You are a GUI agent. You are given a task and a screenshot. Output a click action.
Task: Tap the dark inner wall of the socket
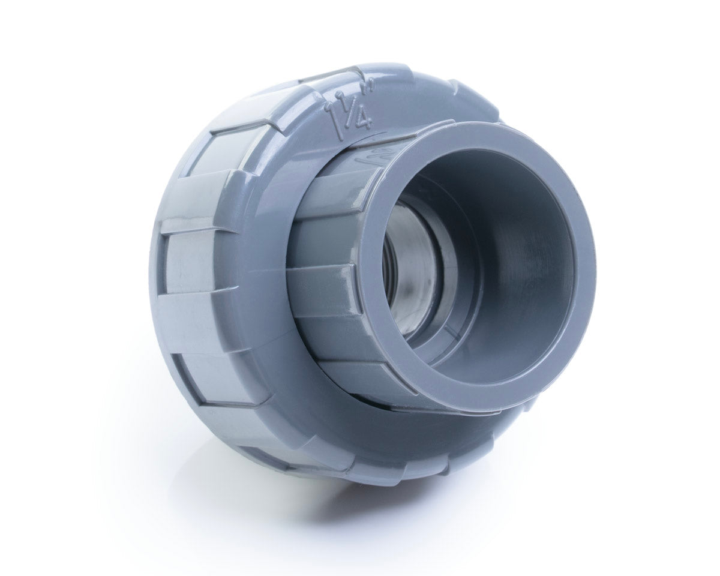click(x=528, y=270)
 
